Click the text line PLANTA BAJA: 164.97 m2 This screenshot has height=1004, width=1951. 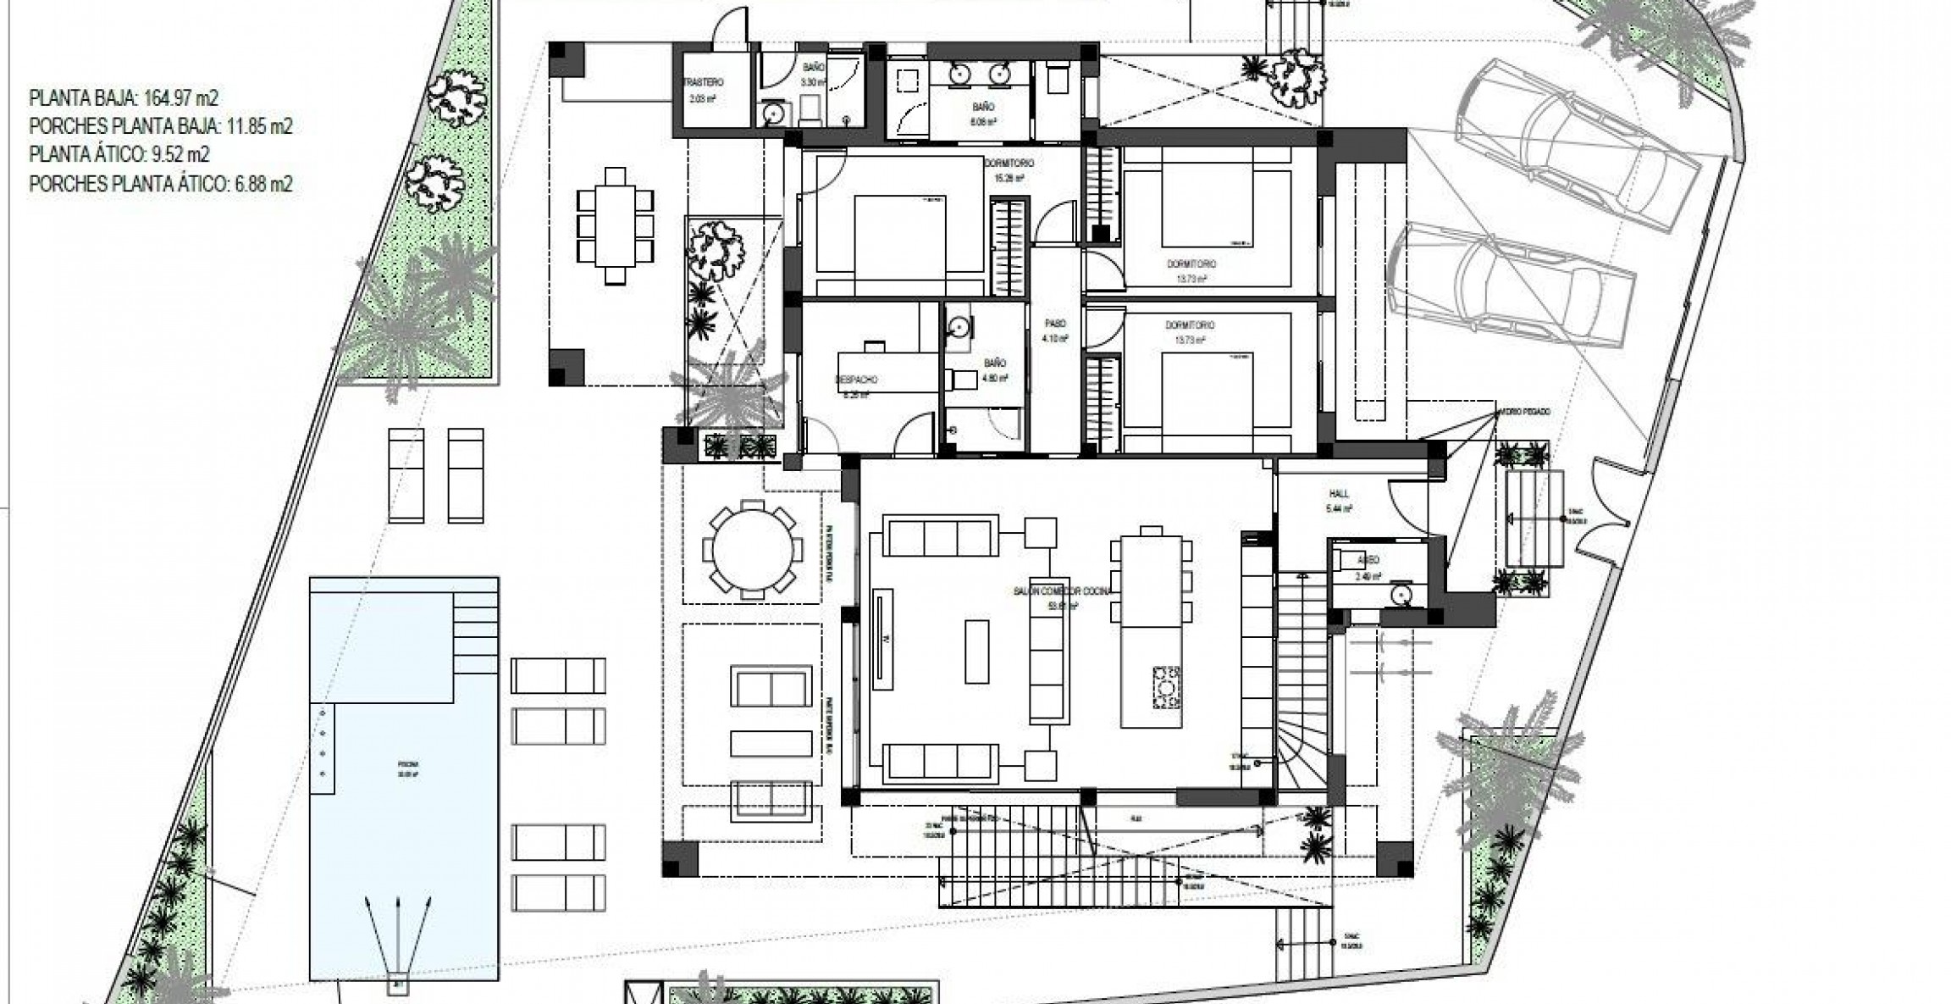click(x=124, y=98)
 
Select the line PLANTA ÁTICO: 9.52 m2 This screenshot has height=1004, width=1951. click(x=119, y=154)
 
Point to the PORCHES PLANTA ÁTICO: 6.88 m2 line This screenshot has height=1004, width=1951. click(x=161, y=183)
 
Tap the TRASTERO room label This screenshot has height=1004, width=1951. click(x=704, y=83)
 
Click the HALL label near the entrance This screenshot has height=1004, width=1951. click(x=1339, y=494)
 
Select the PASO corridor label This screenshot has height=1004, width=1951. click(x=1054, y=324)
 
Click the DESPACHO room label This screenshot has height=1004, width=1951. click(x=856, y=380)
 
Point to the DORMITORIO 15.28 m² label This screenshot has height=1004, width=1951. click(x=1009, y=163)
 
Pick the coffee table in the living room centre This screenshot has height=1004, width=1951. click(x=976, y=651)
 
